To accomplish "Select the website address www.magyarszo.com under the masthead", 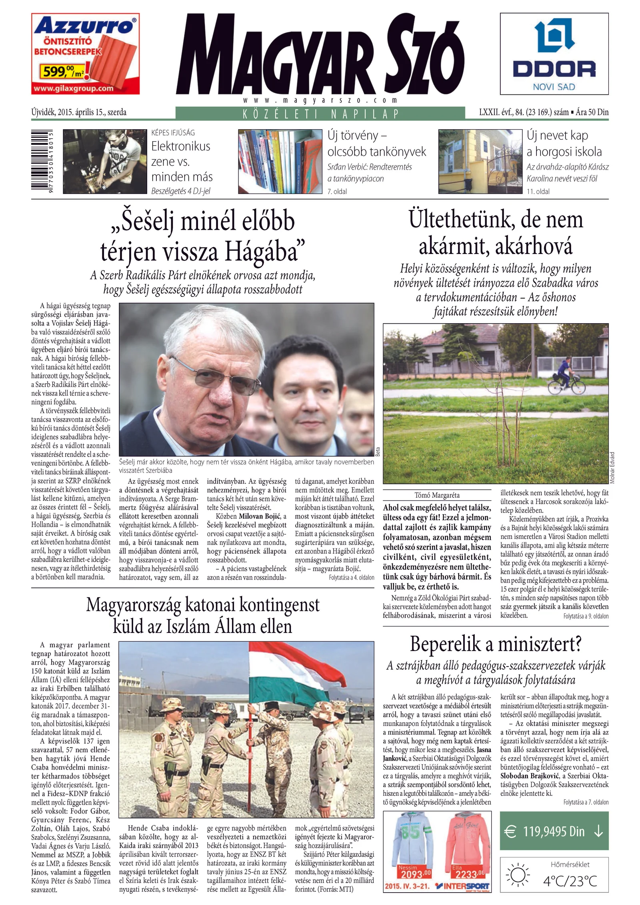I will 320,100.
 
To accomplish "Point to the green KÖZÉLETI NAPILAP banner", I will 320,114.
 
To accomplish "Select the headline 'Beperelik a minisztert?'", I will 496,644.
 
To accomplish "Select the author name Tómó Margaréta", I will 437,495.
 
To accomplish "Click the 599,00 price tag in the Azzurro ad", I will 60,72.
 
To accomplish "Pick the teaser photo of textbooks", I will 280,161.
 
